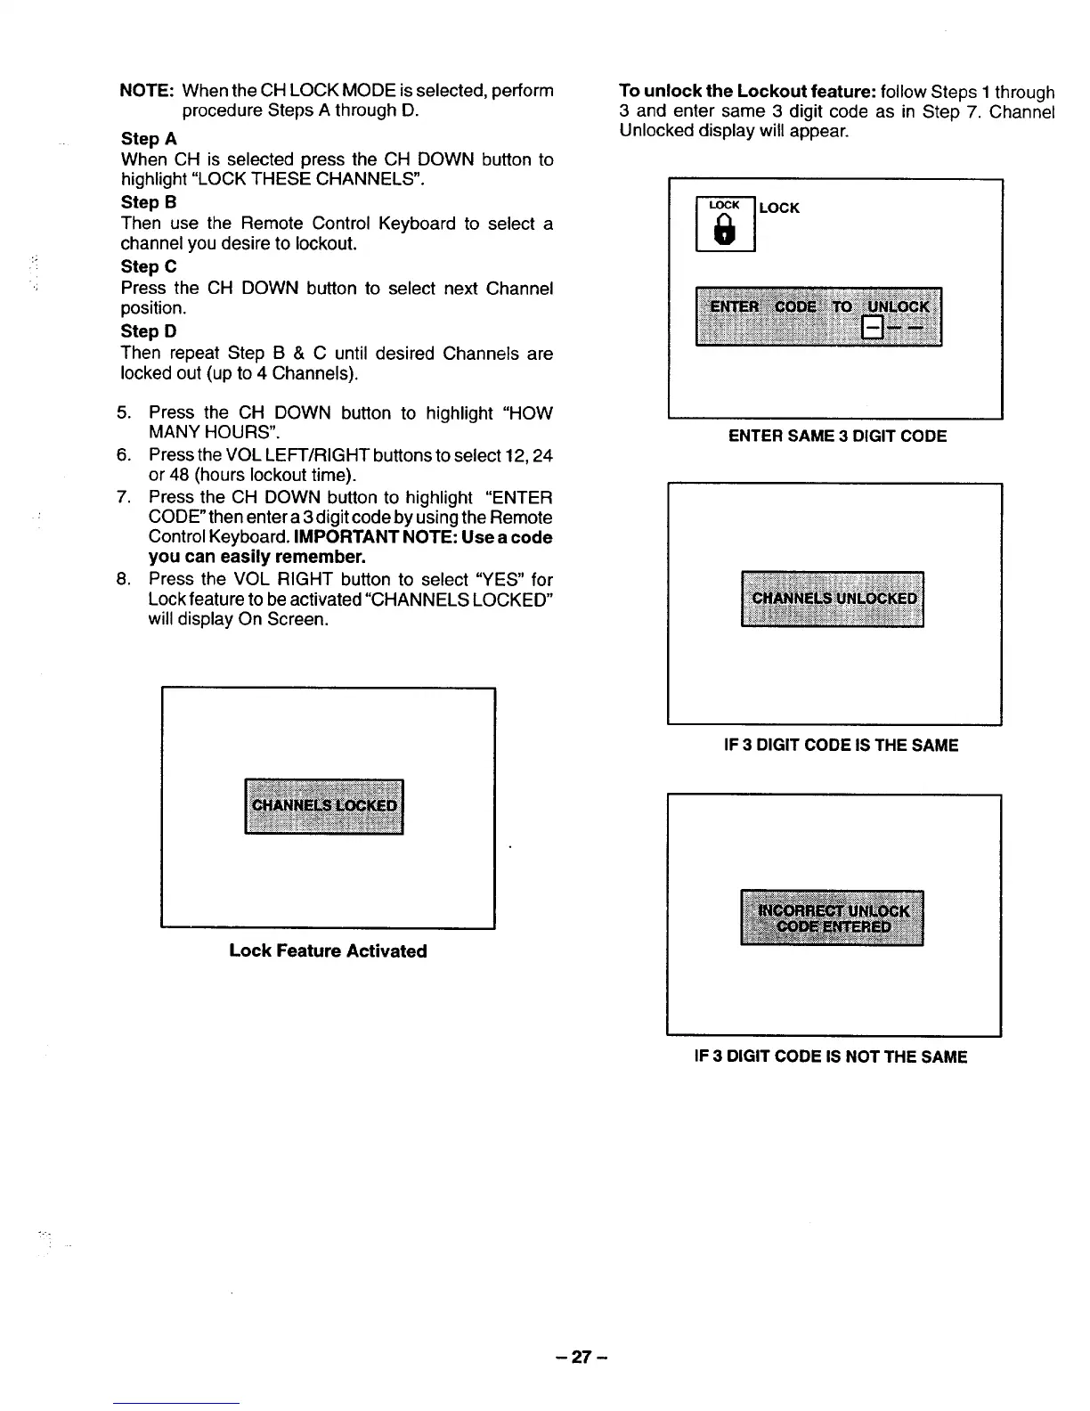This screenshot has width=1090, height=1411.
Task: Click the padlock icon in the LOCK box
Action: pyautogui.click(x=726, y=233)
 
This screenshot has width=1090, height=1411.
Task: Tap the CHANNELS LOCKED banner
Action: pyautogui.click(x=324, y=806)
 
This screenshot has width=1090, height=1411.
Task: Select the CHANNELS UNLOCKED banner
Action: pyautogui.click(x=833, y=599)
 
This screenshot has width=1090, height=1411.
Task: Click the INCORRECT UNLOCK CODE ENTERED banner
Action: pyautogui.click(x=833, y=918)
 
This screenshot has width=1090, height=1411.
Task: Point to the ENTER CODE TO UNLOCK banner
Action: pyautogui.click(x=818, y=316)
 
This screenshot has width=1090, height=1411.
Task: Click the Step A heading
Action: pyautogui.click(x=149, y=139)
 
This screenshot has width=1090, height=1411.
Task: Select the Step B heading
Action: pyautogui.click(x=149, y=202)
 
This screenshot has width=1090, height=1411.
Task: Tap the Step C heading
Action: pyautogui.click(x=149, y=266)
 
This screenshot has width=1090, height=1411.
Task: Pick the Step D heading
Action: pyautogui.click(x=149, y=331)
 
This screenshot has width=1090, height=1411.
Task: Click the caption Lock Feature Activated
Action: pyautogui.click(x=328, y=950)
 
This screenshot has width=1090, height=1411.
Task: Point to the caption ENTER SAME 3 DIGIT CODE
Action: pyautogui.click(x=837, y=436)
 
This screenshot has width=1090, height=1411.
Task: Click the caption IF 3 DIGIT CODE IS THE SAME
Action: pyautogui.click(x=841, y=745)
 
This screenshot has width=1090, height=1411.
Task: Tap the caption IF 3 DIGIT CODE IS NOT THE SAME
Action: pyautogui.click(x=830, y=1056)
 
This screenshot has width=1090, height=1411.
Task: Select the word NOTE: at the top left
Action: pyautogui.click(x=146, y=91)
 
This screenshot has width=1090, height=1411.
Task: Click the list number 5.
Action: pyautogui.click(x=124, y=413)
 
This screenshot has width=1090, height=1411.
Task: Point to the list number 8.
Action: pyautogui.click(x=124, y=579)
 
